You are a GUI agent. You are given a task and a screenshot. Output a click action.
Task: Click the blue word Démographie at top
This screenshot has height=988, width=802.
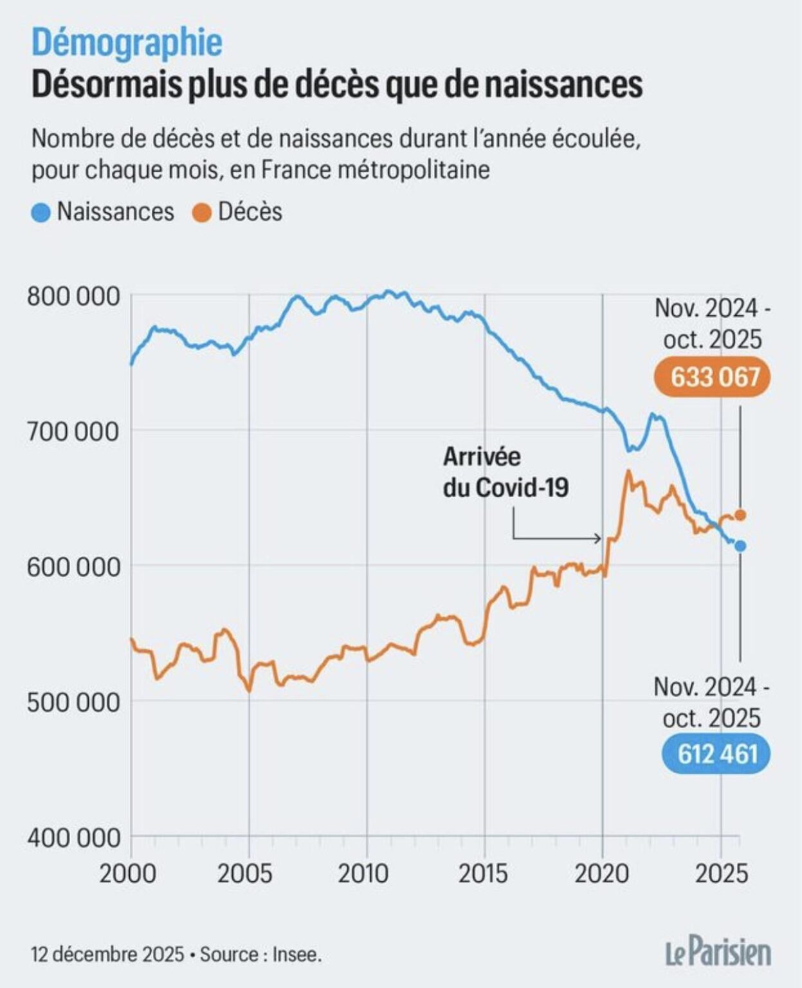click(x=127, y=43)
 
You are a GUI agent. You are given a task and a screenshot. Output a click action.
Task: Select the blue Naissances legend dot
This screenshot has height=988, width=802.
click(x=41, y=213)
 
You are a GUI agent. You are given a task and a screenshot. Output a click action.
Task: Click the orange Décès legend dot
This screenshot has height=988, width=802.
click(x=202, y=213)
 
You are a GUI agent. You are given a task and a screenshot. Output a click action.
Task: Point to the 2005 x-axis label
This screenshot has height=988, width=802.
click(x=246, y=874)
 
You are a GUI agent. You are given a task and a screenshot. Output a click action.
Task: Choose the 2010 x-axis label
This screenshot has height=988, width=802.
click(x=363, y=874)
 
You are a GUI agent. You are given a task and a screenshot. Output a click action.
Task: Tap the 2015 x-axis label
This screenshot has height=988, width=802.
click(x=482, y=874)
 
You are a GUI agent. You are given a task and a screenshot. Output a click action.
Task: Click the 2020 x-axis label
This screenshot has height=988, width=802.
click(x=601, y=874)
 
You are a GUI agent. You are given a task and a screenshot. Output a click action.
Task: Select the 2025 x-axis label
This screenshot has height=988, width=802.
click(x=722, y=874)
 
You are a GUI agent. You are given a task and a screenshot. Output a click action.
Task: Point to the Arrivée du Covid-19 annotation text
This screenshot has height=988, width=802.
click(x=505, y=472)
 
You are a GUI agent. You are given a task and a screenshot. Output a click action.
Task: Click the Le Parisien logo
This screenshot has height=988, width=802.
click(x=718, y=953)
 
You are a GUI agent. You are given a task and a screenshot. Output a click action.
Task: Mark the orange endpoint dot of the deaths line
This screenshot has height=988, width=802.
click(x=740, y=515)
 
